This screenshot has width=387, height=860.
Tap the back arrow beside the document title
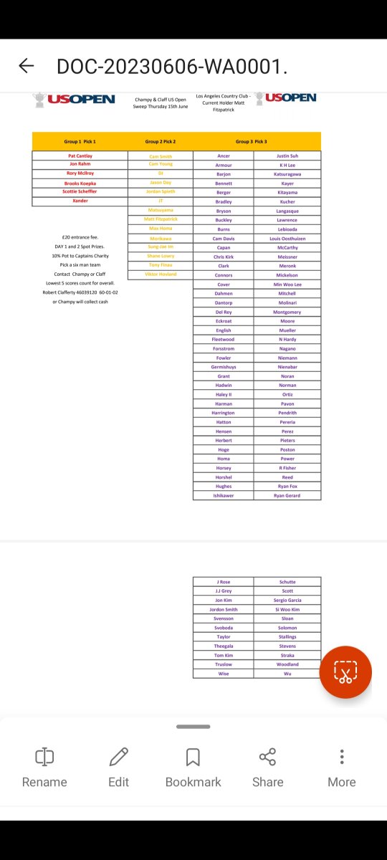click(27, 66)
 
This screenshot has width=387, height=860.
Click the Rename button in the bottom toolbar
click(44, 767)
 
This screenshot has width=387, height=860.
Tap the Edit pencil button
click(119, 767)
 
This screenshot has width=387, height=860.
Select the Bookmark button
click(193, 767)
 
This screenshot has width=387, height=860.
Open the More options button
click(342, 767)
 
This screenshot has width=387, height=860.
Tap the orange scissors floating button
click(345, 672)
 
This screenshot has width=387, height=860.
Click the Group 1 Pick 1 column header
click(80, 142)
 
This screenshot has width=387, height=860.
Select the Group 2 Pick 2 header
click(161, 142)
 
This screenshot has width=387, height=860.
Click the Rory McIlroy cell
click(80, 173)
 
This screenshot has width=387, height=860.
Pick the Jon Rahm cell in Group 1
click(80, 164)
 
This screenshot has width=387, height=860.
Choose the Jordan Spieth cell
click(161, 192)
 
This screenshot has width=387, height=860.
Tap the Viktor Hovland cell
click(161, 274)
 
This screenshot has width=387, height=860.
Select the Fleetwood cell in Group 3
click(224, 340)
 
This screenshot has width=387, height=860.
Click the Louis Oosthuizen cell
click(287, 239)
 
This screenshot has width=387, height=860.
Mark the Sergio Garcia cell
click(287, 601)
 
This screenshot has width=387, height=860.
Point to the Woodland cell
click(287, 664)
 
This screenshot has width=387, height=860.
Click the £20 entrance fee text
click(80, 237)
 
